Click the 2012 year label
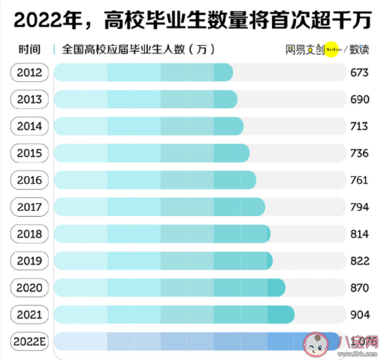[30, 73]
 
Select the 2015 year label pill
[30, 153]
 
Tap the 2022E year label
[30, 342]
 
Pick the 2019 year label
[30, 261]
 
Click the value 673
[359, 73]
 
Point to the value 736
[359, 153]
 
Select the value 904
[359, 314]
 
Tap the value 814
[359, 234]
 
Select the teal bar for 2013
[145, 99]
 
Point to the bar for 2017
[159, 207]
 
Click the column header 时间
[29, 49]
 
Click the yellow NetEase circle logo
[331, 50]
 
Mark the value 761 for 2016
[359, 180]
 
